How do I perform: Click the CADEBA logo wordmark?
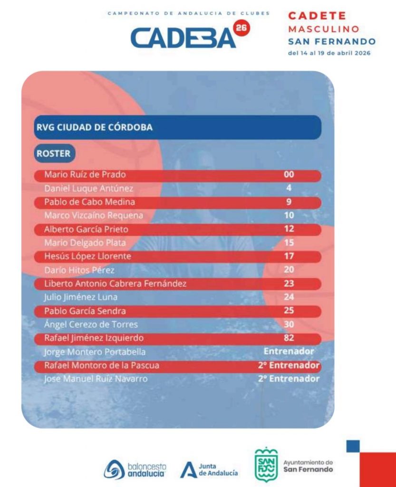point(183,38)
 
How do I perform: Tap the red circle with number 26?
point(241,28)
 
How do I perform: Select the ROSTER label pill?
point(55,154)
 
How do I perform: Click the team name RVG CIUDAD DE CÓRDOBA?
point(94,127)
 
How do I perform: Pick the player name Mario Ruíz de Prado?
point(85,175)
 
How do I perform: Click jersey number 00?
point(289,174)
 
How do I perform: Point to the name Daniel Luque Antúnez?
point(89,188)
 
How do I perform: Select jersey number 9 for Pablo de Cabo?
point(289,202)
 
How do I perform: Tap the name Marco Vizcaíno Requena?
point(94,215)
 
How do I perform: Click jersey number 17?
point(289,256)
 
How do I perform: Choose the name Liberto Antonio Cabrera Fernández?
point(116,283)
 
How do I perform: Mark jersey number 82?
point(289,338)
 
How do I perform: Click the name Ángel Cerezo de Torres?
point(91,324)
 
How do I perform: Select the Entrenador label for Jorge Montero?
point(289,351)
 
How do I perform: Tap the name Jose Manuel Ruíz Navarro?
point(96,379)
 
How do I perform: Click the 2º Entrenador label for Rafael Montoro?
point(289,365)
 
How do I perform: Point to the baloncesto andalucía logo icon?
point(114,469)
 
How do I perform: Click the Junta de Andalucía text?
point(218,469)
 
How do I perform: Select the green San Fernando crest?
point(266,464)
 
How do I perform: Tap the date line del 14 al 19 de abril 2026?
point(329,53)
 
